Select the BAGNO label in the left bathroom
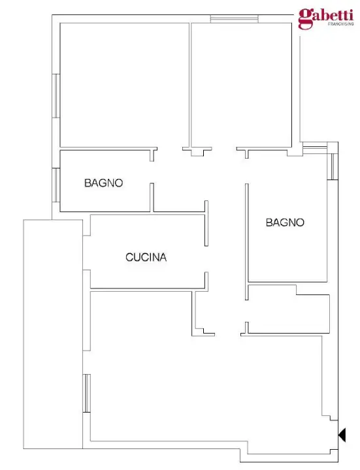[x=104, y=183]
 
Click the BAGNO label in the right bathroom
[x=285, y=223]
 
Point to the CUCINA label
[x=146, y=258]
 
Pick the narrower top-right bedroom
[x=241, y=85]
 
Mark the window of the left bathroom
[x=56, y=185]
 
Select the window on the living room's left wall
[x=86, y=393]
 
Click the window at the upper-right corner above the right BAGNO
[x=333, y=166]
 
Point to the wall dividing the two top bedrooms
[x=189, y=85]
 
